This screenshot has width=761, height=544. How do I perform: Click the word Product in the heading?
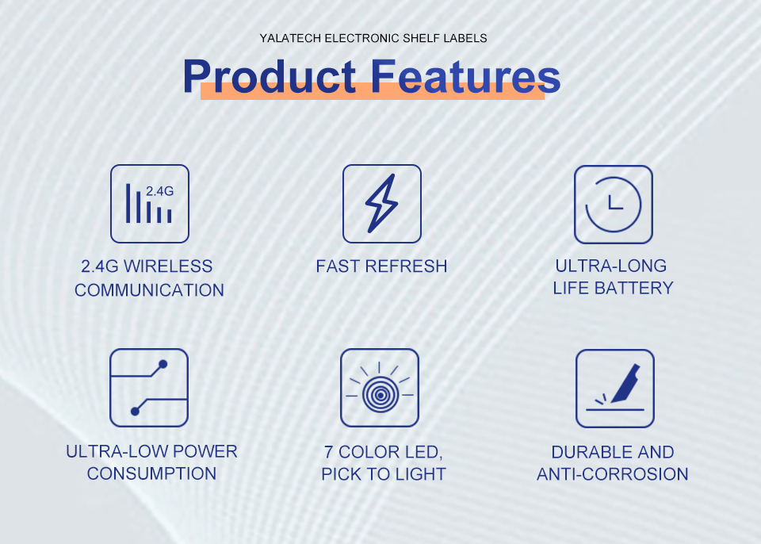270,76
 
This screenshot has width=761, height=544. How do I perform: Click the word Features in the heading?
466,76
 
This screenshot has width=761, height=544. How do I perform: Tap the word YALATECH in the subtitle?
290,38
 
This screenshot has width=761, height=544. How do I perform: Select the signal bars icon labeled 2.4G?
150,204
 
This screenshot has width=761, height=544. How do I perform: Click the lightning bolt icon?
382,204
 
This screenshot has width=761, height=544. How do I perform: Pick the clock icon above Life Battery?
614,205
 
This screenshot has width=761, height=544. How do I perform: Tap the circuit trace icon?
149,388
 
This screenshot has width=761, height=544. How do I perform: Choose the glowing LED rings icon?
380,388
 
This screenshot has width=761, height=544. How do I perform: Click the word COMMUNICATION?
150,290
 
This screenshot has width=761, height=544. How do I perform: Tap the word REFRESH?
406,266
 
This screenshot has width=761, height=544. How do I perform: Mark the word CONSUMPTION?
152,473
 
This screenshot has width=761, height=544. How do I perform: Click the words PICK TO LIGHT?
384,474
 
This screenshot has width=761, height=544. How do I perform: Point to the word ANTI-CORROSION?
613,474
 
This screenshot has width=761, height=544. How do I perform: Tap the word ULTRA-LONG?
611,266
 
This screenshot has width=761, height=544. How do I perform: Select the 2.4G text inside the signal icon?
159,191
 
